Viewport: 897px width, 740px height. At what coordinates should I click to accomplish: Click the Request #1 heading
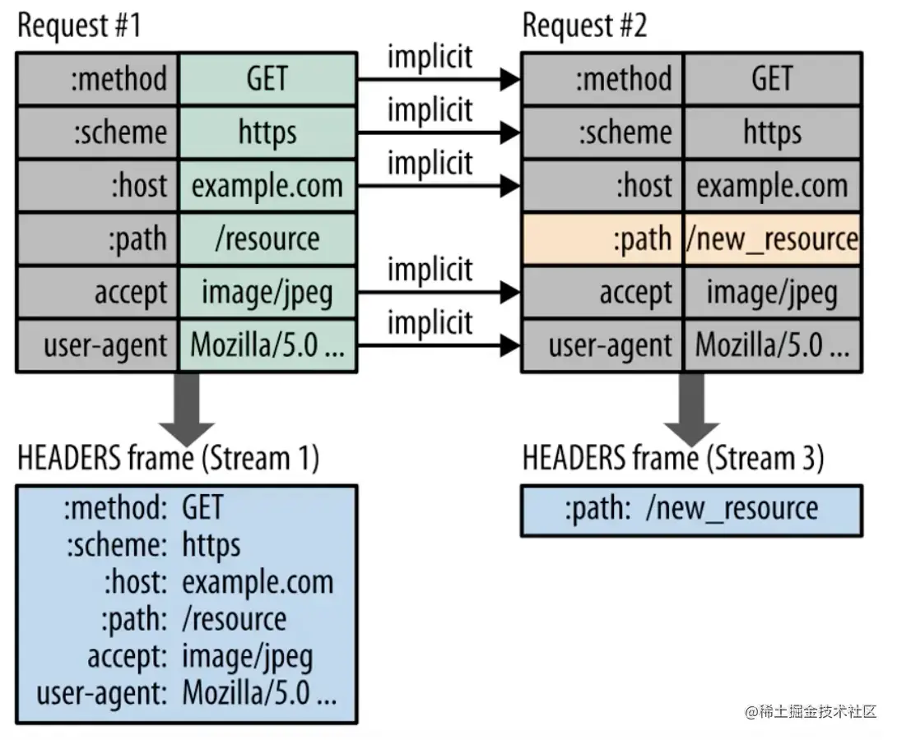80,26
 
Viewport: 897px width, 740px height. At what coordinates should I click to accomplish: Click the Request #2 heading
584,26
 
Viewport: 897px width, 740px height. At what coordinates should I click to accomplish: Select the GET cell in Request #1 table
267,79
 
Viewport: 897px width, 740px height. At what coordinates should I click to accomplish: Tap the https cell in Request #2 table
772,132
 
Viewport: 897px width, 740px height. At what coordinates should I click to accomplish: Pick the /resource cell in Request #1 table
267,239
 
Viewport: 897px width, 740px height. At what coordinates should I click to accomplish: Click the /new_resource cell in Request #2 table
772,239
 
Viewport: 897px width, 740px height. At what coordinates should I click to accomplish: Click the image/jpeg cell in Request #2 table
772,292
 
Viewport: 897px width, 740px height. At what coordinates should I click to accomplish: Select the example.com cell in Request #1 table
267,186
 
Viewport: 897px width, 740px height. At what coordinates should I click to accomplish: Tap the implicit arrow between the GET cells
439,80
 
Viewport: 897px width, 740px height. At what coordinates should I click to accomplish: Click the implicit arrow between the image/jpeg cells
439,293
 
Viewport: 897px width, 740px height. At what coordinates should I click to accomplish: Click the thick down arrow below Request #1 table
187,409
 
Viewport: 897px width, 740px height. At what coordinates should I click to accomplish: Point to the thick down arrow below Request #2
691,409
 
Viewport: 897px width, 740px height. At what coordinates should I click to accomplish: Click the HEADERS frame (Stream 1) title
168,458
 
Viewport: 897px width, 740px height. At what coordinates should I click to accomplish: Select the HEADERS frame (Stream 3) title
673,458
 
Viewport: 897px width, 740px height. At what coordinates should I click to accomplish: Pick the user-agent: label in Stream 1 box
101,693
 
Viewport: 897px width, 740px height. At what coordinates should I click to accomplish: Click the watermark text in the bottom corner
811,711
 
